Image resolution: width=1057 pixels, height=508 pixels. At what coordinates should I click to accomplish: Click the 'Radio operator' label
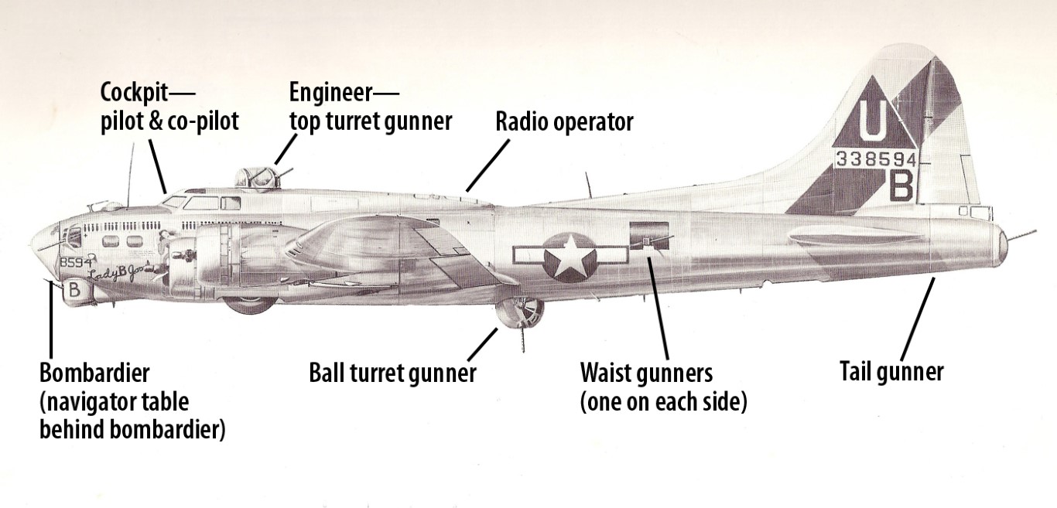coord(564,122)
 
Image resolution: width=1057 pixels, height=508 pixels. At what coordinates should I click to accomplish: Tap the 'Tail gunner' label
coord(891,372)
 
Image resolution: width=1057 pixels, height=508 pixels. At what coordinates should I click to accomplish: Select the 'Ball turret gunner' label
coord(392,373)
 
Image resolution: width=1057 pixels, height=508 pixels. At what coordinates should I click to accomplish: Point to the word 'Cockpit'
coord(133,93)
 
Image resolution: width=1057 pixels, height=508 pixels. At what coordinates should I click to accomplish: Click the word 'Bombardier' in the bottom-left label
coord(94,373)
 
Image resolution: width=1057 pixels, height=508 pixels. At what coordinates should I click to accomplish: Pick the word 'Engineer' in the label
coord(330,93)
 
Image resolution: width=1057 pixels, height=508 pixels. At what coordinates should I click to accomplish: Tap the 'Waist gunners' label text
coord(645,373)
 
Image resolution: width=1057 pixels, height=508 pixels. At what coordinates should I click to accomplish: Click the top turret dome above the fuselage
coord(256,178)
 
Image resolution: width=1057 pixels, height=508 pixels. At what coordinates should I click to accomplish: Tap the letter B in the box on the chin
coord(74,290)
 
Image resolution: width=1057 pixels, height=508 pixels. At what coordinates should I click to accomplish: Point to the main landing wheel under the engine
coord(249,302)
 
